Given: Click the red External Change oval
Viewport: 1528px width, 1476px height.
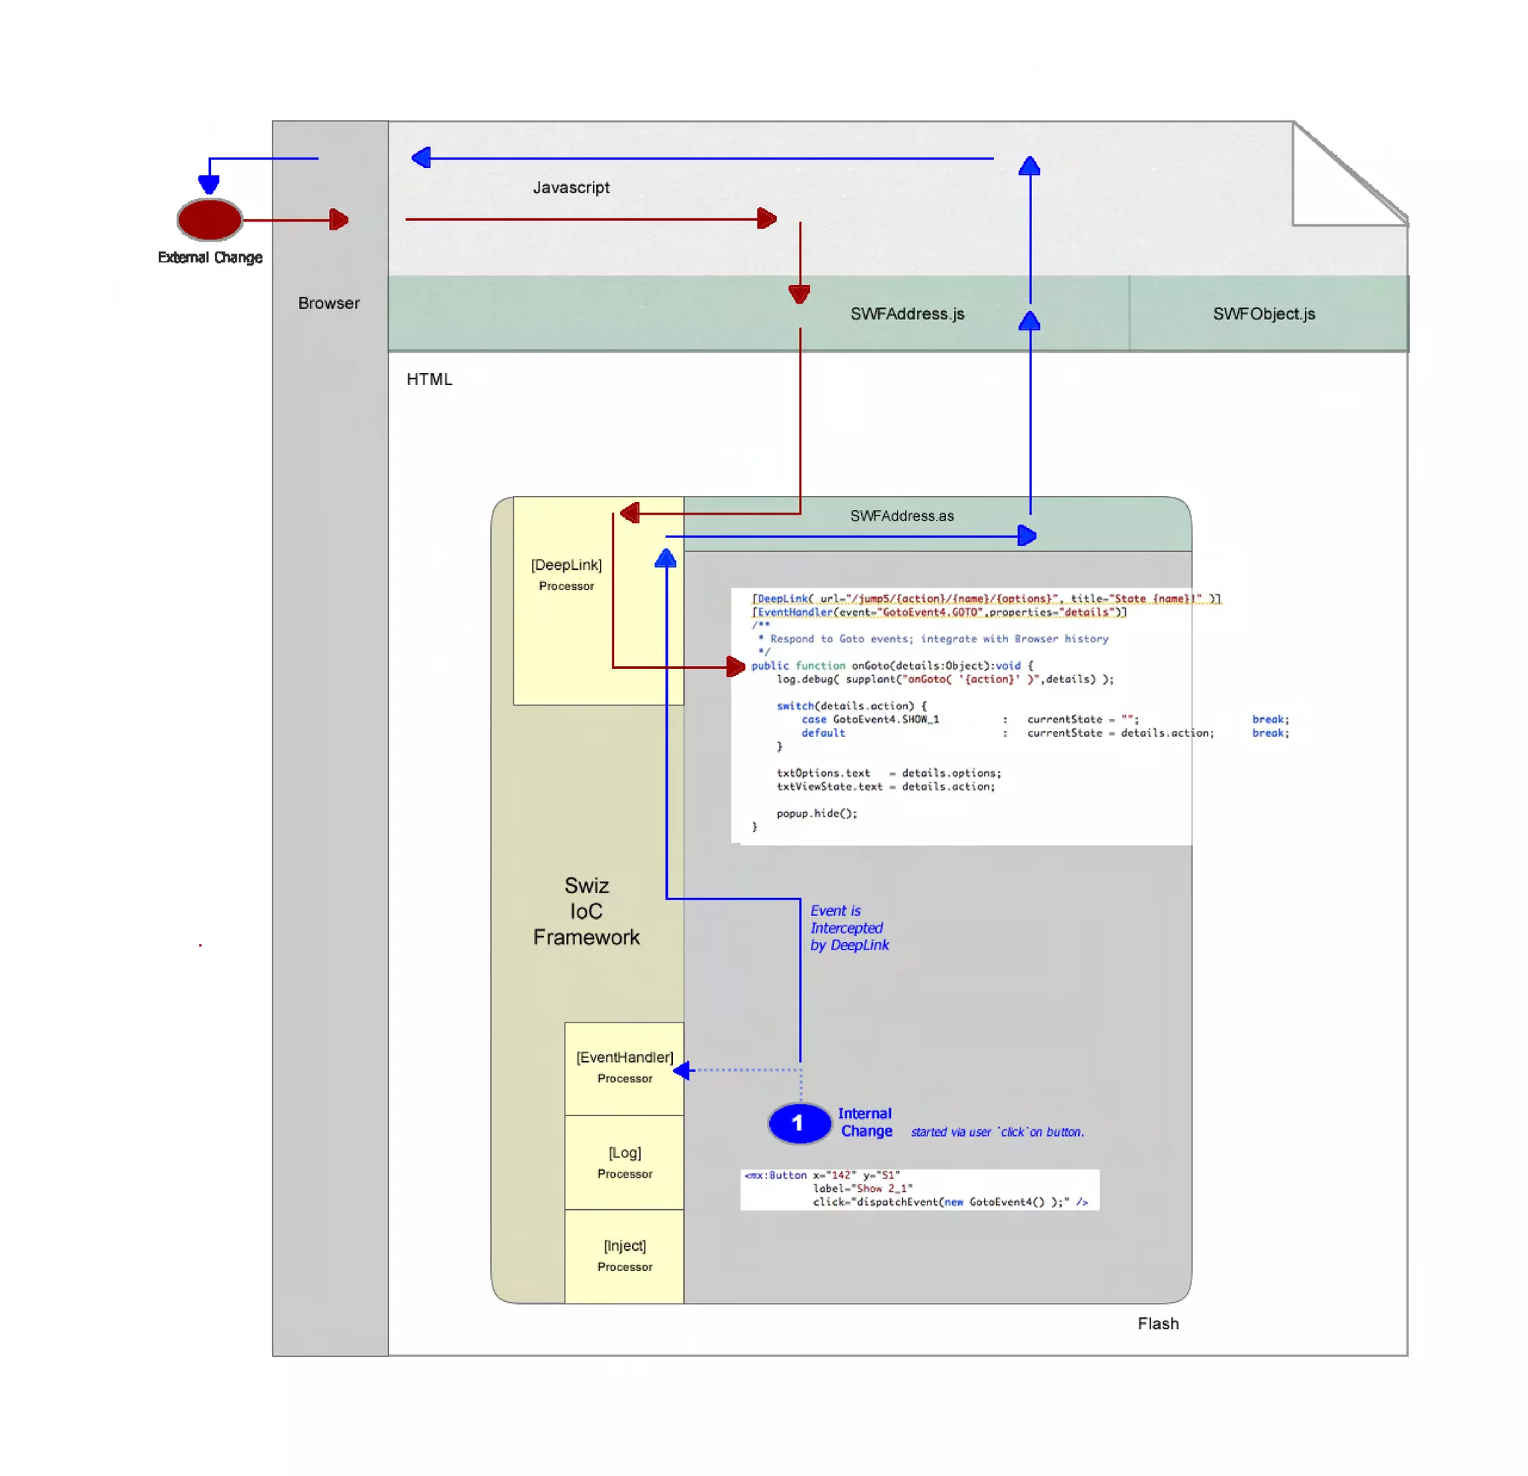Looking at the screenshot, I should pyautogui.click(x=210, y=219).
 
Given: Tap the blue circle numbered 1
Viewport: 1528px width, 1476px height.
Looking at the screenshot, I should pyautogui.click(x=799, y=1123).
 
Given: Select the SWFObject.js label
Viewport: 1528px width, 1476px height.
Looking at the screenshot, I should pyautogui.click(x=1264, y=314).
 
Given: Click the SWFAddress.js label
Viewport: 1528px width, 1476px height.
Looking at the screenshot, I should pyautogui.click(x=907, y=314).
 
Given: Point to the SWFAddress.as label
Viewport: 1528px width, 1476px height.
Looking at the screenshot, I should pyautogui.click(x=901, y=516).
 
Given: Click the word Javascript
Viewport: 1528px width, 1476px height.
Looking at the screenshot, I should pyautogui.click(x=571, y=188).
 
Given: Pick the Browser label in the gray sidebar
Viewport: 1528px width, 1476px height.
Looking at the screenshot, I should pyautogui.click(x=329, y=303).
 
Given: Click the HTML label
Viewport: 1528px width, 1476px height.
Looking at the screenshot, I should pyautogui.click(x=429, y=380).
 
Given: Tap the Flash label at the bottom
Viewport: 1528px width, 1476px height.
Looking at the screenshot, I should pyautogui.click(x=1158, y=1323).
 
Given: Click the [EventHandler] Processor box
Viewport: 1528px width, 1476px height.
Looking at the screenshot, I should pyautogui.click(x=624, y=1067).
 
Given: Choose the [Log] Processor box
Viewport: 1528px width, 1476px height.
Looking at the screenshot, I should pyautogui.click(x=624, y=1162).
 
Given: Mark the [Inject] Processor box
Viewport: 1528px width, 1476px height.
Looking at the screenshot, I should pyautogui.click(x=624, y=1255).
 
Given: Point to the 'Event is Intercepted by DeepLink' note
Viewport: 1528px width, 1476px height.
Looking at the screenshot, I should pyautogui.click(x=848, y=927).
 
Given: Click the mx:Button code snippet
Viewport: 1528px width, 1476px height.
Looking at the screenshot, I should pyautogui.click(x=918, y=1188).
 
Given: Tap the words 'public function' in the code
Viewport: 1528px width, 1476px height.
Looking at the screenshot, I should pyautogui.click(x=798, y=665).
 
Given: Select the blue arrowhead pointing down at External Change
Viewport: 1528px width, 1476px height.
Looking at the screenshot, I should pyautogui.click(x=209, y=184).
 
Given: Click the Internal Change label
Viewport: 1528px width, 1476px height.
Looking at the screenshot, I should pyautogui.click(x=865, y=1122).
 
